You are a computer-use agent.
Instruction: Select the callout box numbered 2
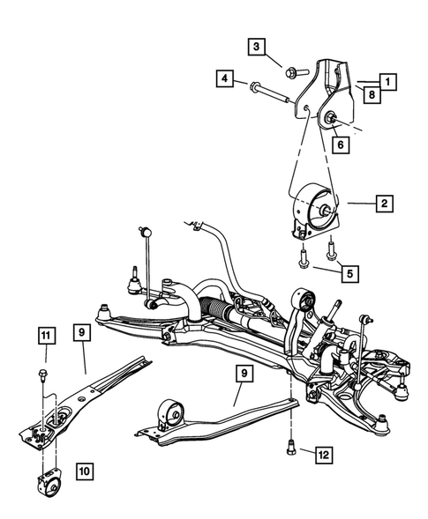point(383,204)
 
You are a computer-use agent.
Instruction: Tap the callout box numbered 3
point(257,47)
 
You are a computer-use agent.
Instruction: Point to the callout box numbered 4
point(226,80)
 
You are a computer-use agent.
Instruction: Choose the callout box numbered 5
point(349,274)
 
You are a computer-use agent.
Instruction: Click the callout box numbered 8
point(372,94)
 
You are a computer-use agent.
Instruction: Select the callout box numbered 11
point(45,334)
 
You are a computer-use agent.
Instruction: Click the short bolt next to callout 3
point(293,63)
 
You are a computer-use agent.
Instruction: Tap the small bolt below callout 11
point(43,378)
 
